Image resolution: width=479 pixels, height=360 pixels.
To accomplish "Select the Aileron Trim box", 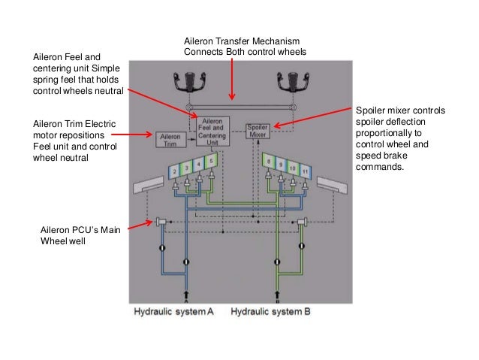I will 169,139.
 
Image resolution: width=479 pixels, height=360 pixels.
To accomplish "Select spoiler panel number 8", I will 268,160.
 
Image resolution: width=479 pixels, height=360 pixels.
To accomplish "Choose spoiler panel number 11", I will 304,171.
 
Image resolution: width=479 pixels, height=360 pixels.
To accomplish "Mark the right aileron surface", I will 333,186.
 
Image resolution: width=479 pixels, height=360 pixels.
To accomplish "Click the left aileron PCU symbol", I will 161,222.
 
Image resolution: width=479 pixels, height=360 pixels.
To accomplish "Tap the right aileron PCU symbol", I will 303,222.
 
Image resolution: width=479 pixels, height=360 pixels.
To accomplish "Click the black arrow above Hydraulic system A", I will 185,295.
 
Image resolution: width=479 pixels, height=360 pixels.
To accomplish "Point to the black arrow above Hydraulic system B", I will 278,295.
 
